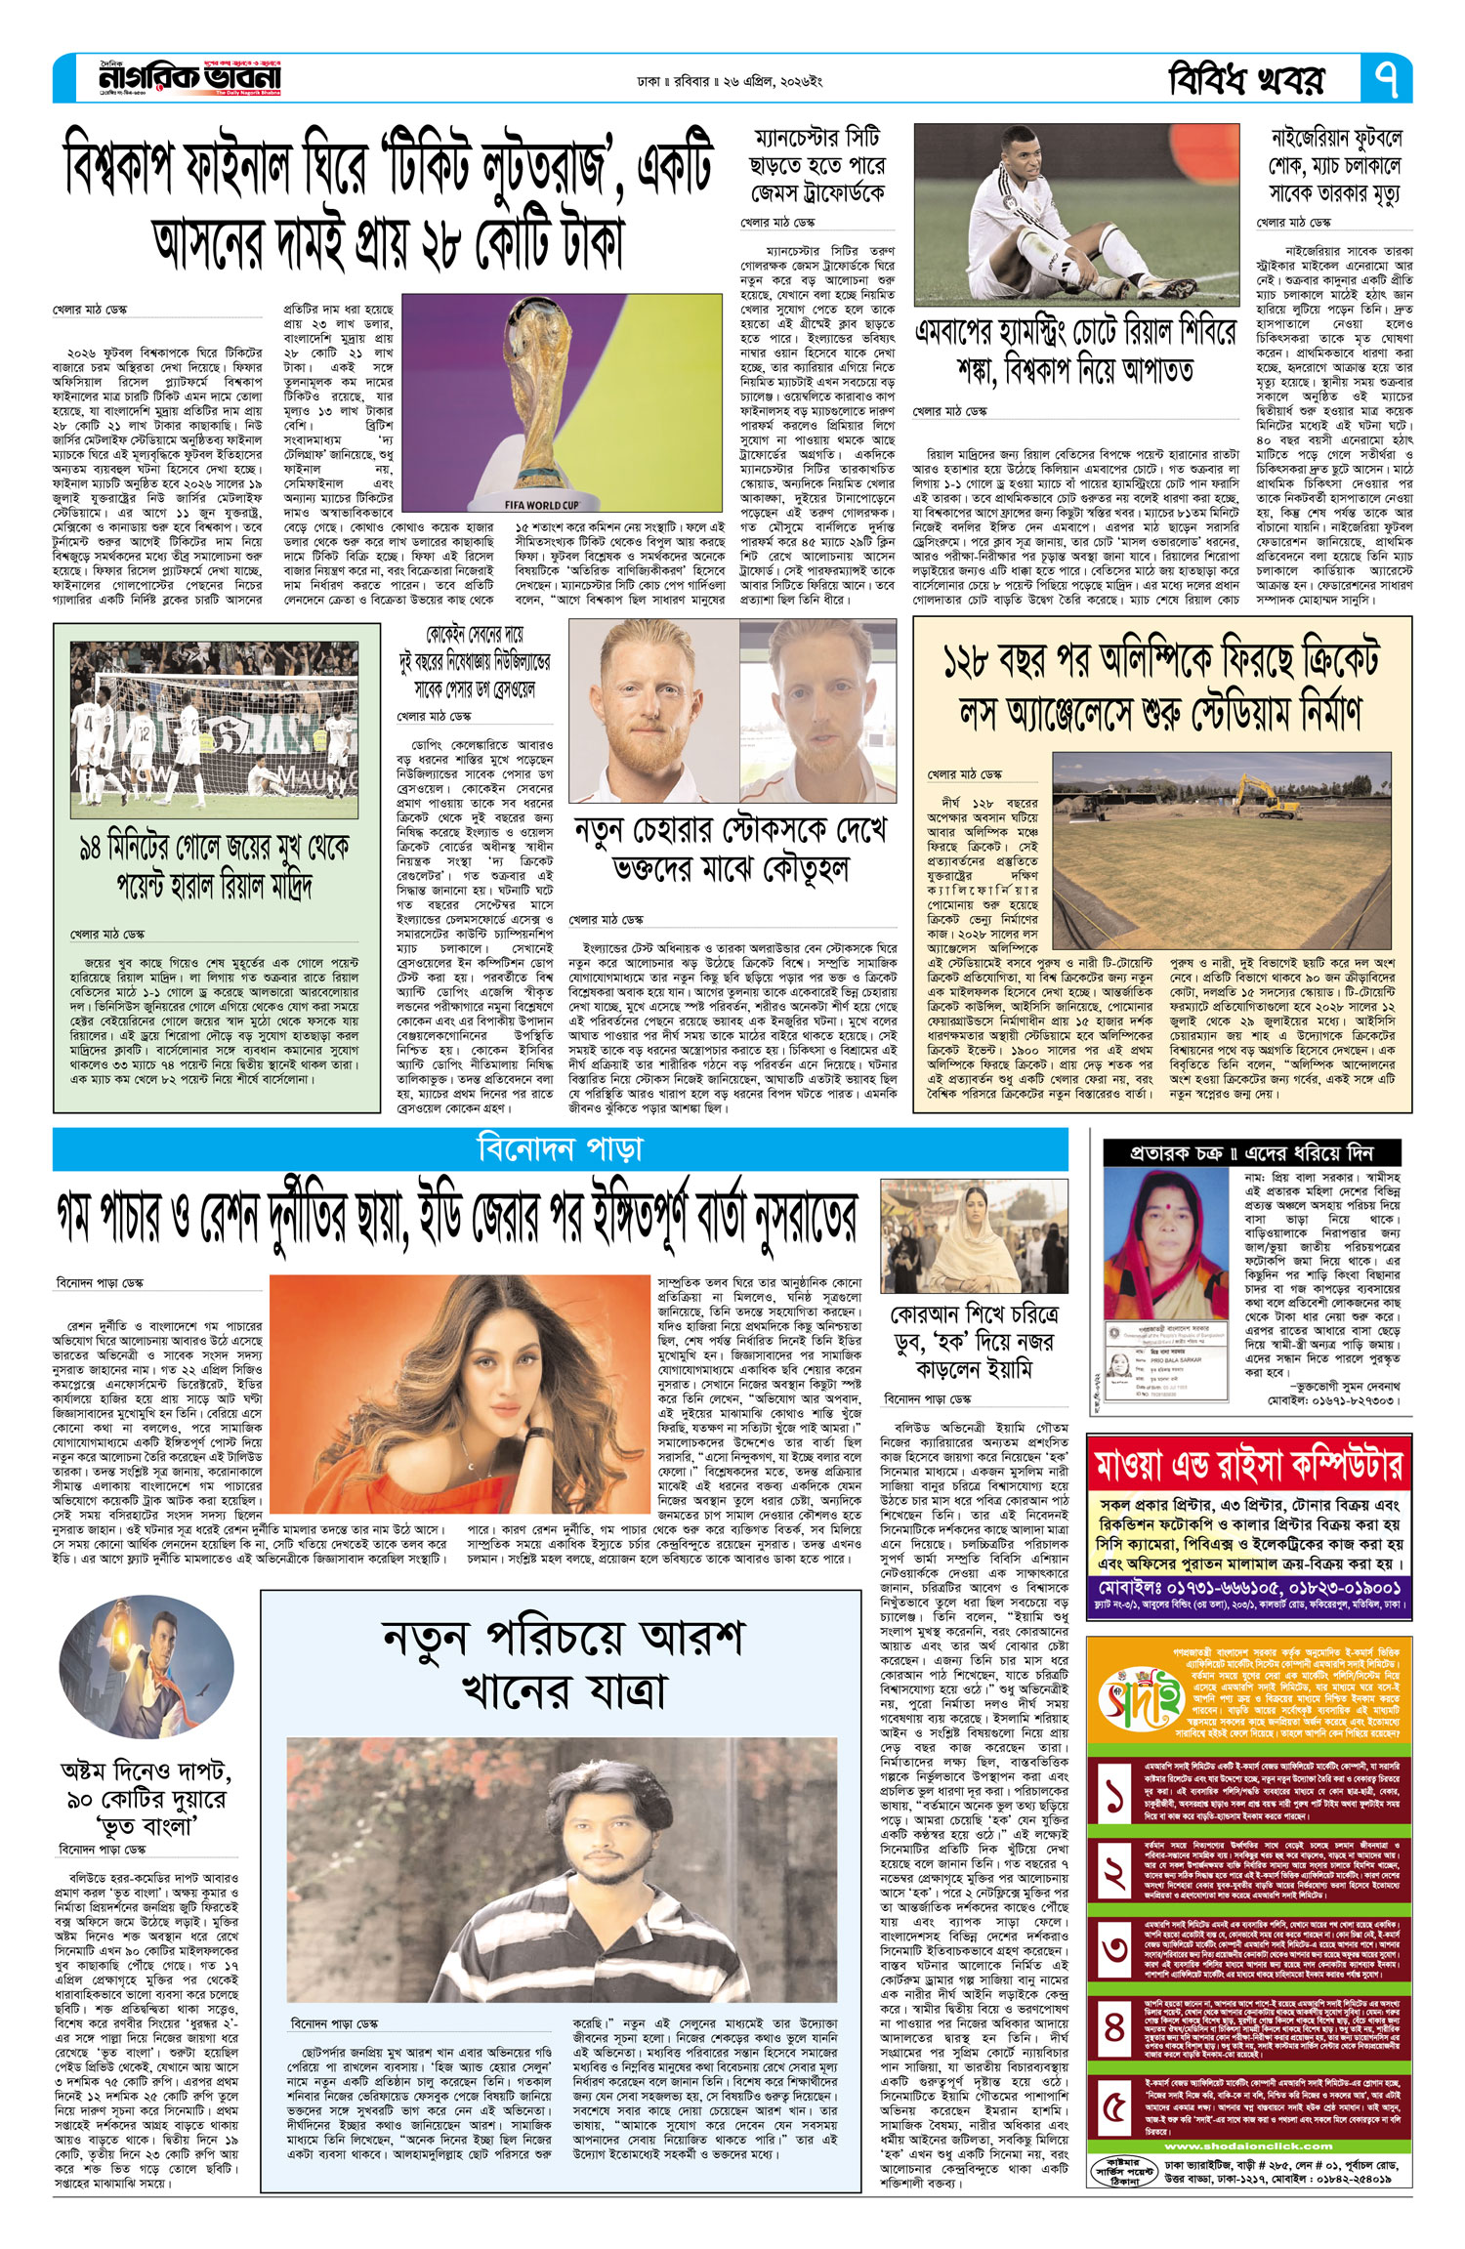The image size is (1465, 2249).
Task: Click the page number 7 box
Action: [x=1386, y=79]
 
